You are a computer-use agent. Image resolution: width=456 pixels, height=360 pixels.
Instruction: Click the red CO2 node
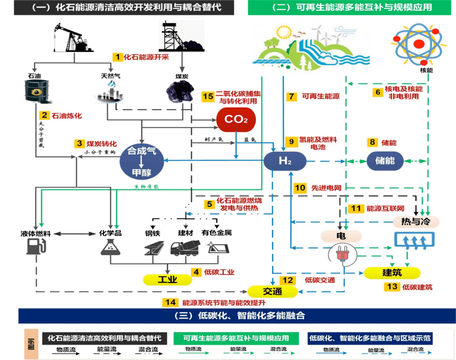coord(236,119)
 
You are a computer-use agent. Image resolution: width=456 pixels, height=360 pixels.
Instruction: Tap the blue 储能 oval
coord(385,161)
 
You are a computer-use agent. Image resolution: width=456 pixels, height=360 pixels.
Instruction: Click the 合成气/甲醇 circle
coord(142,161)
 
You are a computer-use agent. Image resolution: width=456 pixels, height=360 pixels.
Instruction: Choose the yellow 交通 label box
coord(272,291)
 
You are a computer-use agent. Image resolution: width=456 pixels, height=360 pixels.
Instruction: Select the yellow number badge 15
coord(208,96)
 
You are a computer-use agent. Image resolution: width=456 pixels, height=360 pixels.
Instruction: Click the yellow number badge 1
coord(118,57)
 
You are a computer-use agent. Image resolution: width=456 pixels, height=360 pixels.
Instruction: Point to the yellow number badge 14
coord(170,302)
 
